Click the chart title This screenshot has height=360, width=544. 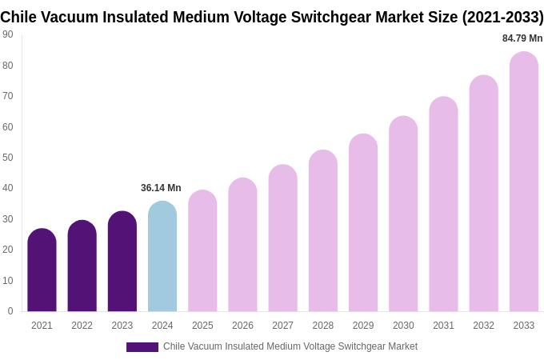pyautogui.click(x=272, y=17)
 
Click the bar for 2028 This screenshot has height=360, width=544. pyautogui.click(x=323, y=231)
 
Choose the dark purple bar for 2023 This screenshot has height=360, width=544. pyautogui.click(x=122, y=262)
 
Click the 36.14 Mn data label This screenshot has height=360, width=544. pyautogui.click(x=161, y=188)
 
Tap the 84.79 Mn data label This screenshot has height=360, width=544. pyautogui.click(x=522, y=38)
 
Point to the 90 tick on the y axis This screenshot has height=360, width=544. pyautogui.click(x=8, y=34)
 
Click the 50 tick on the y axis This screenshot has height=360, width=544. pyautogui.click(x=8, y=158)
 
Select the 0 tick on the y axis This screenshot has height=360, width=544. pyautogui.click(x=10, y=311)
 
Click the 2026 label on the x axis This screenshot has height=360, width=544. pyautogui.click(x=242, y=326)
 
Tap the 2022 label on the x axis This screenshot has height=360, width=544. pyautogui.click(x=82, y=326)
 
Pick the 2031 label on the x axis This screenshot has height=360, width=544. pyautogui.click(x=443, y=326)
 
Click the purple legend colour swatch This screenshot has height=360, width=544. pyautogui.click(x=142, y=347)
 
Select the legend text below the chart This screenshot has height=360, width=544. pyautogui.click(x=290, y=346)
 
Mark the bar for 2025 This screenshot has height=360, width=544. pyautogui.click(x=202, y=251)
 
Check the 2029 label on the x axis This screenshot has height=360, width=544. pyautogui.click(x=363, y=326)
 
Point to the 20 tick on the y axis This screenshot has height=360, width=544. pyautogui.click(x=8, y=250)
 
